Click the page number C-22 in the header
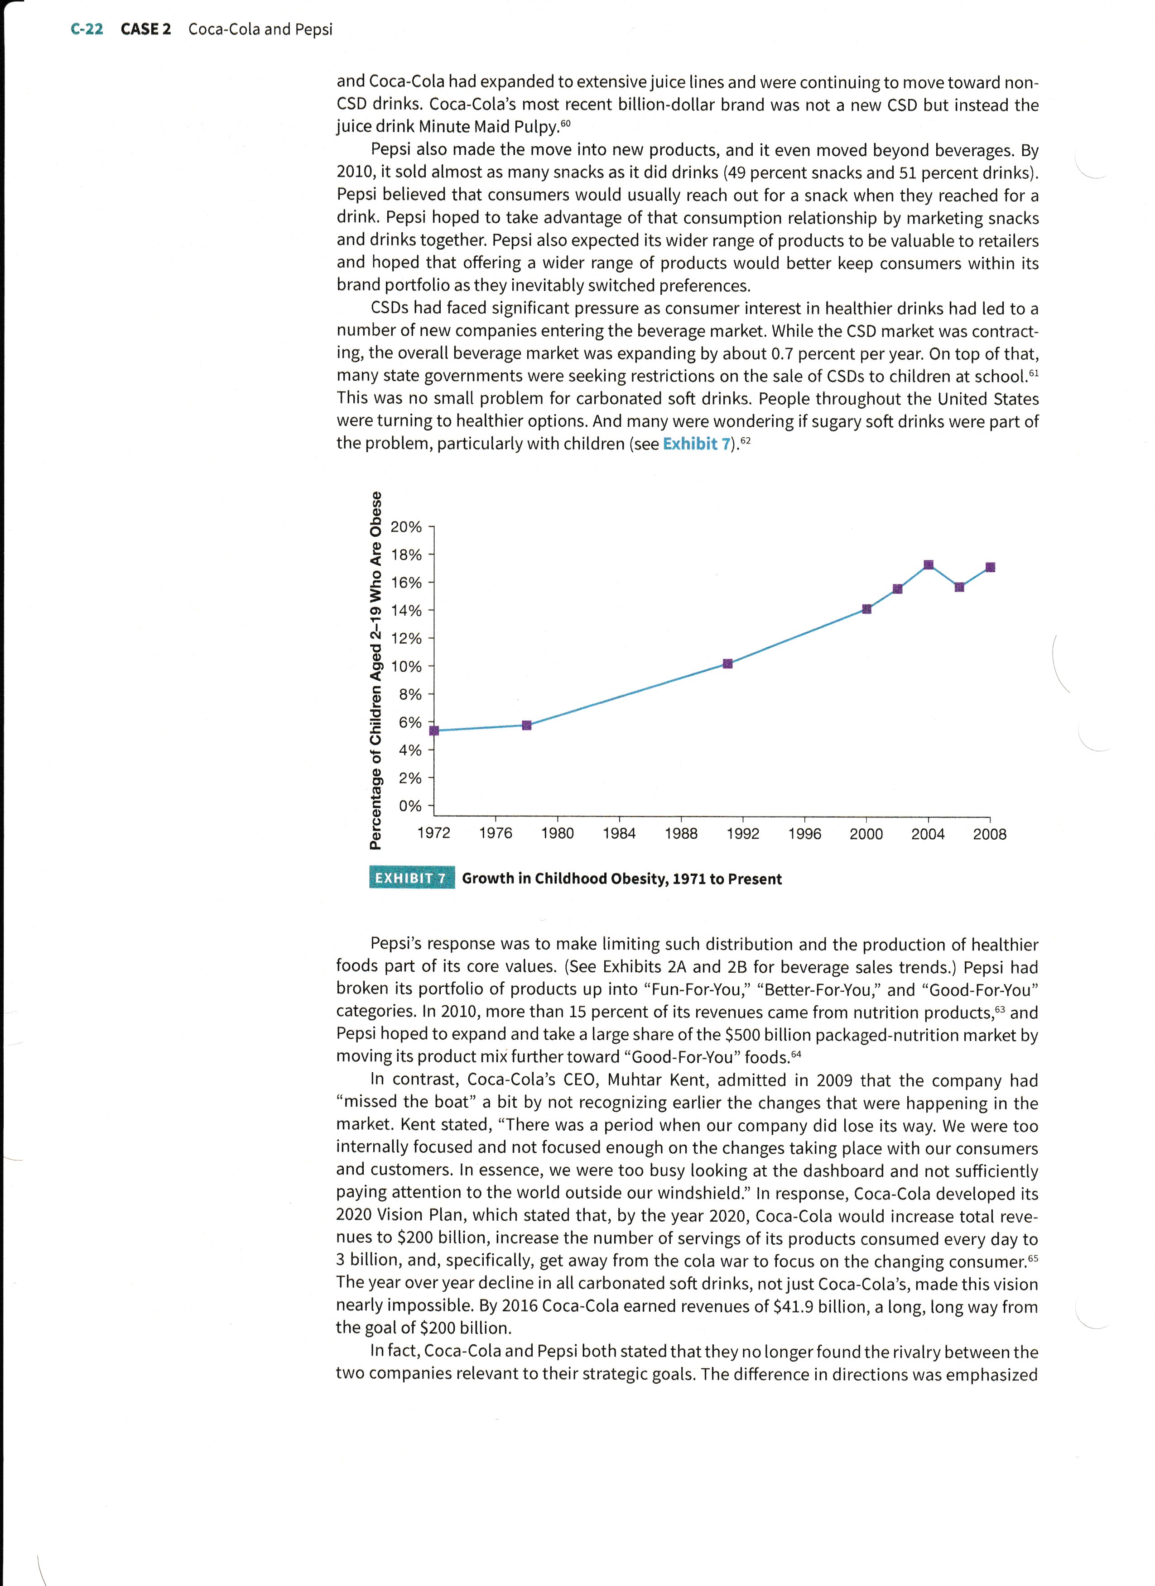click(87, 29)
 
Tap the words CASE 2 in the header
click(145, 29)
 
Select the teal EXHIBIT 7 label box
click(411, 878)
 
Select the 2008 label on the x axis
click(989, 834)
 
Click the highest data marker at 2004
click(929, 565)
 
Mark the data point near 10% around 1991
click(727, 664)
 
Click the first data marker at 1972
click(434, 731)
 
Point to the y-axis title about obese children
click(376, 670)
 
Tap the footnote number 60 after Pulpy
click(566, 124)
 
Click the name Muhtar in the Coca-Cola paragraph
click(634, 1080)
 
